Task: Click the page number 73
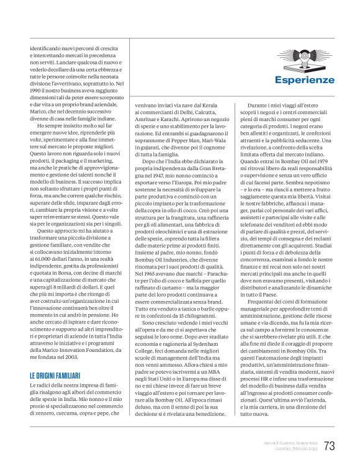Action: [329, 446]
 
